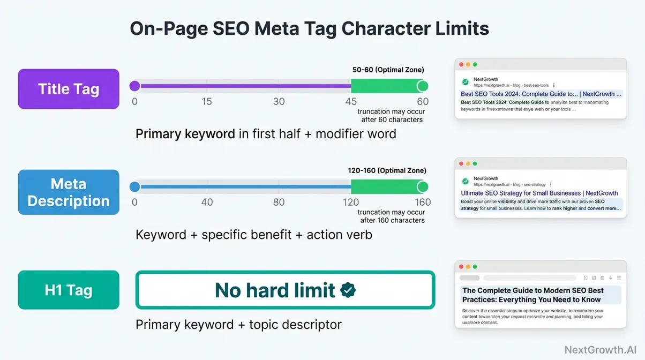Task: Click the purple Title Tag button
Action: click(x=69, y=89)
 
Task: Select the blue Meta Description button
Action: click(x=69, y=192)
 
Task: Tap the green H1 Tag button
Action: click(x=69, y=290)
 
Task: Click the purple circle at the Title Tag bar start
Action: click(x=134, y=86)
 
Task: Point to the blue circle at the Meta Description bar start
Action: click(x=134, y=187)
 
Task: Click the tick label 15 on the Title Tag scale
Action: click(x=207, y=102)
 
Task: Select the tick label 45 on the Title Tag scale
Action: click(x=351, y=102)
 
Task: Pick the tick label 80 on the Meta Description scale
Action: click(x=279, y=202)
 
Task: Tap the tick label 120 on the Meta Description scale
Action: click(x=351, y=202)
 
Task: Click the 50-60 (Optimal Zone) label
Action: click(x=388, y=70)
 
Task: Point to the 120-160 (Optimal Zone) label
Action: click(x=387, y=170)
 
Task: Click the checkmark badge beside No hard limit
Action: click(x=348, y=290)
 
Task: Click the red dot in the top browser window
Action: click(x=460, y=65)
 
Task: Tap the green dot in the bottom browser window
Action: click(x=475, y=267)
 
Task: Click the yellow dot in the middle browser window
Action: click(x=468, y=164)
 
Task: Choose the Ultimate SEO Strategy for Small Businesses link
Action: click(x=539, y=193)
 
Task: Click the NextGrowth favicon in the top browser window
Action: click(x=466, y=82)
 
